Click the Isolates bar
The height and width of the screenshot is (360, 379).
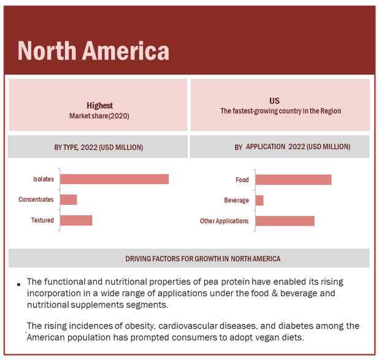click(114, 179)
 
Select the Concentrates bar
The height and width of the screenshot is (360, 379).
click(69, 199)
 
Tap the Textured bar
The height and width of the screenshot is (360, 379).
click(76, 220)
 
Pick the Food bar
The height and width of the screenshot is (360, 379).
click(293, 180)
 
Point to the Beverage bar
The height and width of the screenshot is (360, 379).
click(259, 201)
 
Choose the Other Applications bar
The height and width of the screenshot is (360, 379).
click(285, 221)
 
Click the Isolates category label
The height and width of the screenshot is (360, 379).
click(44, 179)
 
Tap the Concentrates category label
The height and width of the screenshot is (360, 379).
click(36, 199)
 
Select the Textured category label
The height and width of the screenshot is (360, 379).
click(43, 220)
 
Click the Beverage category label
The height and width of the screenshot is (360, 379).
click(236, 201)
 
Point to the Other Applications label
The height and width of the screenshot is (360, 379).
click(224, 221)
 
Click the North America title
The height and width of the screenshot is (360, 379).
click(93, 50)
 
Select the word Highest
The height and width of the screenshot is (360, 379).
click(99, 105)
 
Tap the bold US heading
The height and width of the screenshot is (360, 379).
click(274, 101)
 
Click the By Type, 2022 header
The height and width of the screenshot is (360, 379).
click(99, 147)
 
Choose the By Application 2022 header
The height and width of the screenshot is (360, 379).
click(293, 147)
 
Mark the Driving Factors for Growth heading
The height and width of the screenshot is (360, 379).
click(203, 259)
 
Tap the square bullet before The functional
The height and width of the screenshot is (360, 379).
click(19, 284)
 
